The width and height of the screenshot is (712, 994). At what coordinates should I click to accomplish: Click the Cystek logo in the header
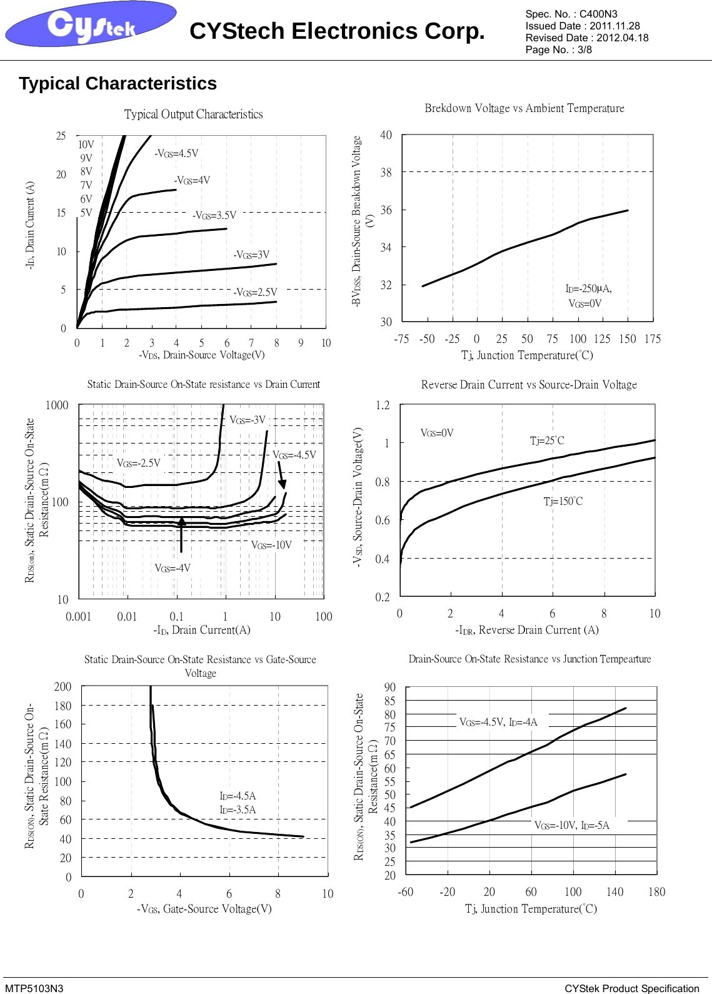pos(91,25)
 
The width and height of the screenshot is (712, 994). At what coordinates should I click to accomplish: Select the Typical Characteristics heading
pos(118,84)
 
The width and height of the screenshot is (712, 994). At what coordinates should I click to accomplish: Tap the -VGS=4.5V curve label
pos(176,153)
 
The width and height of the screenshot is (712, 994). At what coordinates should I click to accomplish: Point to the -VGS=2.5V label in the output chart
pos(255,292)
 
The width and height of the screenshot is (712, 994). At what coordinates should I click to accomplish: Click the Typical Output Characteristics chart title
pos(193,114)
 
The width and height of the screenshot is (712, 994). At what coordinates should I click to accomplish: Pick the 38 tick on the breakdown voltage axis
pos(386,172)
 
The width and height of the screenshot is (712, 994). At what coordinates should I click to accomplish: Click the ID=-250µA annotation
pos(588,288)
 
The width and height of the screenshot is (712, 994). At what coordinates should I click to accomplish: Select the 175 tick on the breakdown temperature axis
pos(652,339)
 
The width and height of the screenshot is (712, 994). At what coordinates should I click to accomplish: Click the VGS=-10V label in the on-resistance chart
pos(271,545)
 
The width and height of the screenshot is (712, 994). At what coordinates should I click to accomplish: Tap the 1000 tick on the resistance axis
pos(57,405)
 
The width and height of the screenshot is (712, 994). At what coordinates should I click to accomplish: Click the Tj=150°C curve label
pos(563,501)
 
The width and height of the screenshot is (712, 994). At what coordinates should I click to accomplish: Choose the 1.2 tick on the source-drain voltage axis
pos(383,405)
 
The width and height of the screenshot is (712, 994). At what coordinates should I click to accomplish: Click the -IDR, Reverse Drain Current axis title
pos(526,630)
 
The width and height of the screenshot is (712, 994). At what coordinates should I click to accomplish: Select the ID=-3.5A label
pos(238,809)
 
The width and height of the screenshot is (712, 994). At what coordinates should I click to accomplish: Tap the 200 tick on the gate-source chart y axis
pos(63,687)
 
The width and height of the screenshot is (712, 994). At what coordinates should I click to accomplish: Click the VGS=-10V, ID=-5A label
pos(571,825)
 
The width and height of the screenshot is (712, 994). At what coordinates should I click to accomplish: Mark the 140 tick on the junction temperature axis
pos(614,892)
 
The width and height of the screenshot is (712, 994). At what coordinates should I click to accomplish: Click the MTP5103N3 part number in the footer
pos(34,988)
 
